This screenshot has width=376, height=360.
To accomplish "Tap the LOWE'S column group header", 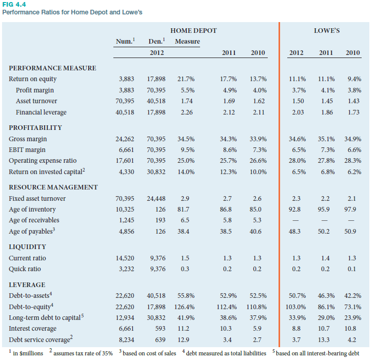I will [x=326, y=31].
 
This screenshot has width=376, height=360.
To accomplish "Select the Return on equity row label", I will [x=33, y=79].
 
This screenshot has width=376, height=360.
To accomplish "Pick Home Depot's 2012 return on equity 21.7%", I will [x=185, y=79].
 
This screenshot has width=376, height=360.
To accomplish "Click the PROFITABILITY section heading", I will [x=35, y=127].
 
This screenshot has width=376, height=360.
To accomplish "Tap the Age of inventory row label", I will [x=32, y=210].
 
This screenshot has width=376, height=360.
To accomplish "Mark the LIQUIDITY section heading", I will [x=28, y=247].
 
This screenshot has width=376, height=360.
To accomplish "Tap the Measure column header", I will [x=187, y=42].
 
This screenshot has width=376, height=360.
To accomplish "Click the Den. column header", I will [x=156, y=42].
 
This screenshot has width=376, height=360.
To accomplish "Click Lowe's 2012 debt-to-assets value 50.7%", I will [x=297, y=296].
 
